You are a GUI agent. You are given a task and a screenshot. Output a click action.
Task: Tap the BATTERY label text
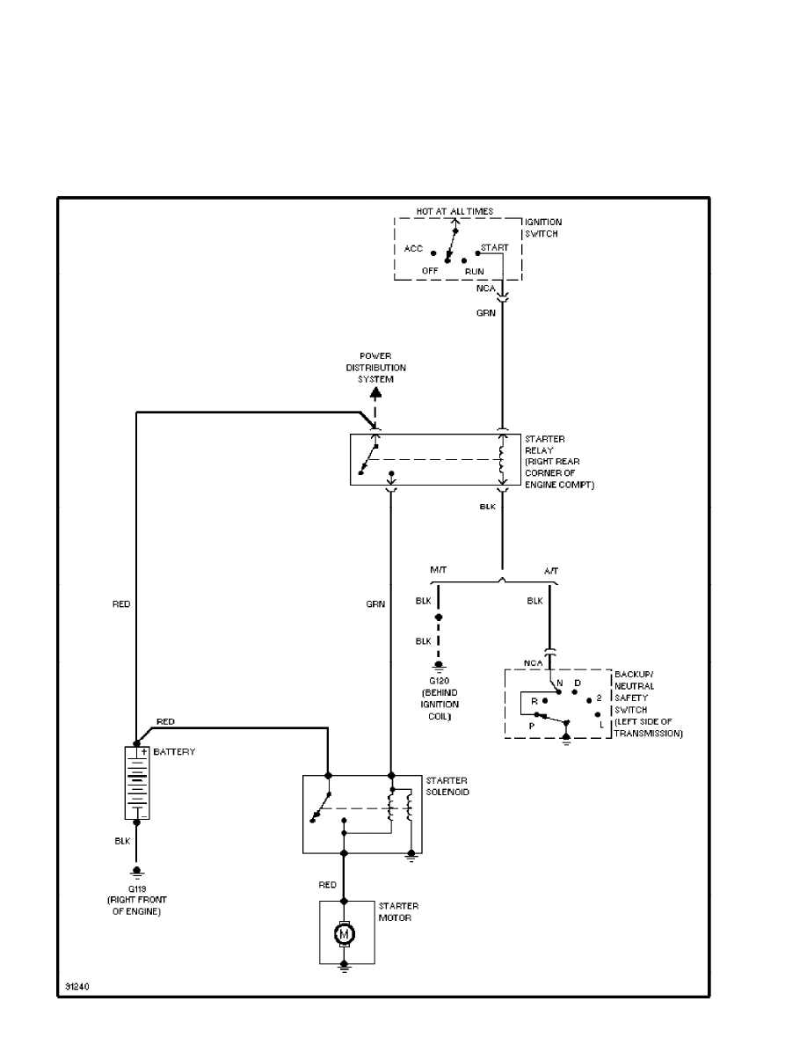pyautogui.click(x=174, y=753)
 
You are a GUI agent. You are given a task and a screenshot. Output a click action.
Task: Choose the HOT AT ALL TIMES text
pyautogui.click(x=454, y=212)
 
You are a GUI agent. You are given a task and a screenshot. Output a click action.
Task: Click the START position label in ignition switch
pyautogui.click(x=494, y=248)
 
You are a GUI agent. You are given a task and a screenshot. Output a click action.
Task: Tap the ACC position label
pyautogui.click(x=413, y=249)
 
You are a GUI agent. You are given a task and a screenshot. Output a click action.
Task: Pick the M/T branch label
pyautogui.click(x=439, y=570)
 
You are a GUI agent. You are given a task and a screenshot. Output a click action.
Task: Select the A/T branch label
pyautogui.click(x=551, y=570)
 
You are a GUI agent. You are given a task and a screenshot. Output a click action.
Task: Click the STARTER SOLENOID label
pyautogui.click(x=447, y=786)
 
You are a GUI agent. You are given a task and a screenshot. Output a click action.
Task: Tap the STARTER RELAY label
pyautogui.click(x=544, y=444)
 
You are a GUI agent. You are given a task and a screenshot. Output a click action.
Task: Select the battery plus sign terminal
pyautogui.click(x=142, y=752)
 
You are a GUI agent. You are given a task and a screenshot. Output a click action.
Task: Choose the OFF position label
pyautogui.click(x=430, y=271)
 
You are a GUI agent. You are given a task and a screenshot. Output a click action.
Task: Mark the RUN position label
pyautogui.click(x=474, y=271)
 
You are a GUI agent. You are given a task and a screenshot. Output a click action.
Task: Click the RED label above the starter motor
pyautogui.click(x=327, y=884)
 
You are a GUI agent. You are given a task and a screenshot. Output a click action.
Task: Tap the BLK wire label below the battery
pyautogui.click(x=122, y=840)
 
